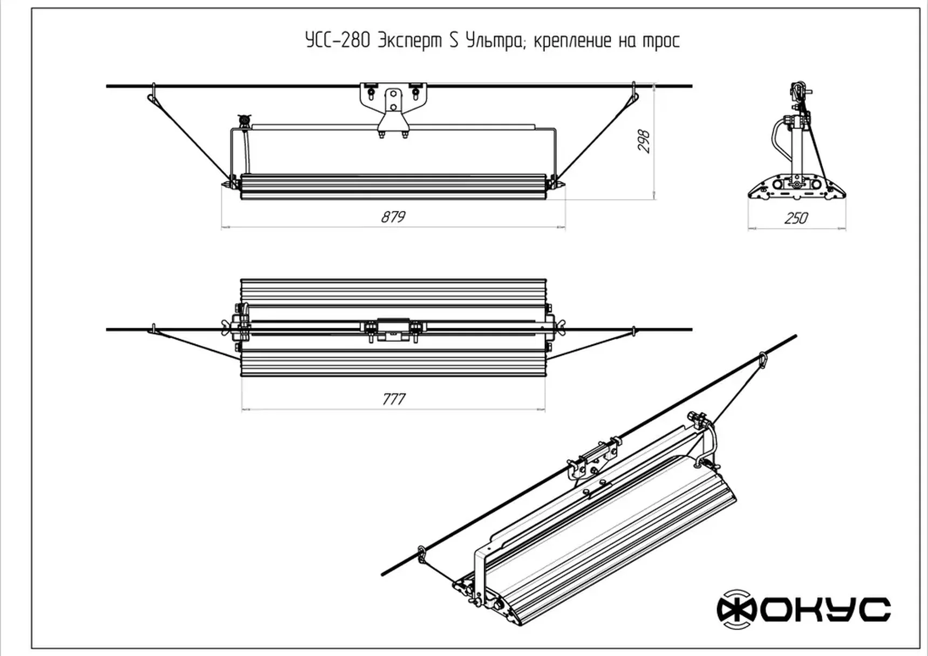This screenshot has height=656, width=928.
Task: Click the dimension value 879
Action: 393,217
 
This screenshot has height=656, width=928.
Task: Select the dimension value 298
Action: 644,141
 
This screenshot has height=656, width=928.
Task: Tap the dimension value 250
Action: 796,218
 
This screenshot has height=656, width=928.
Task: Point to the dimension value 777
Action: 393,399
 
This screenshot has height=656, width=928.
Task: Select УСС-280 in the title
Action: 337,41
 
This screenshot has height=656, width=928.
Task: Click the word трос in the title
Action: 661,41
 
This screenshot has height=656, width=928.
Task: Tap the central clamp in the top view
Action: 393,329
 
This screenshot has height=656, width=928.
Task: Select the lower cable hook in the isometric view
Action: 421,553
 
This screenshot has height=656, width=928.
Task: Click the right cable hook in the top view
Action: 634,330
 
